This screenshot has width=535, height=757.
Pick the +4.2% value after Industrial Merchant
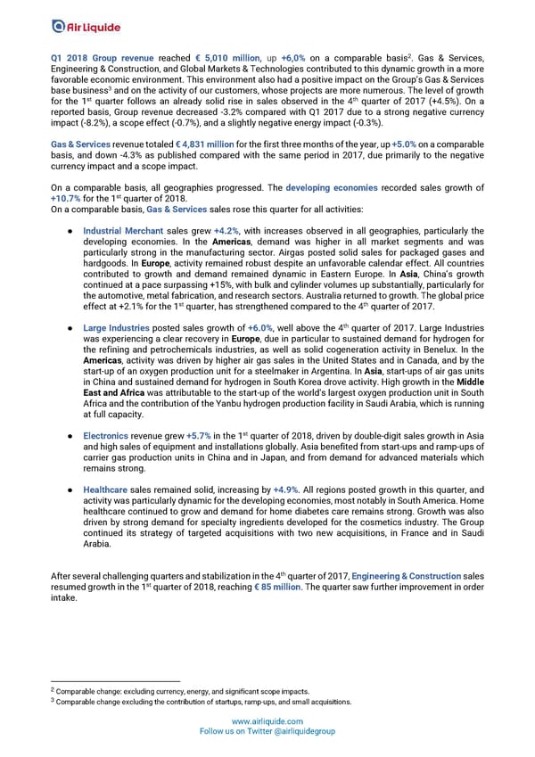click(x=226, y=230)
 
